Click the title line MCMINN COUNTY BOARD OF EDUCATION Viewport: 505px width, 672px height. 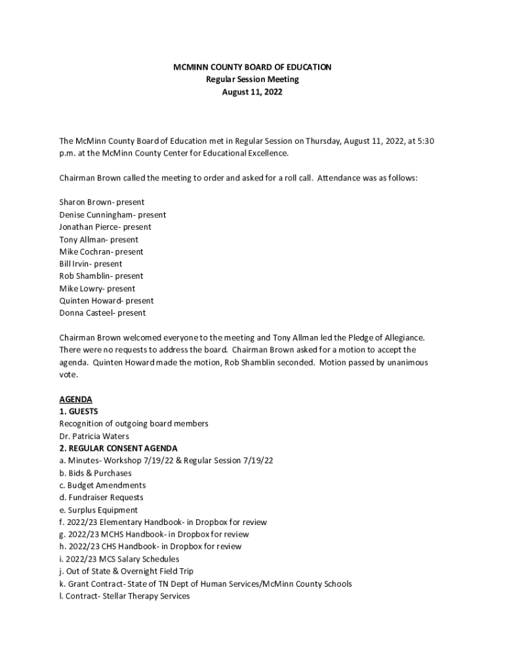tap(252, 67)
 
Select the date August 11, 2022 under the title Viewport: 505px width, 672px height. tap(252, 92)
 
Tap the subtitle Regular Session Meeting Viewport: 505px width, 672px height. tap(252, 79)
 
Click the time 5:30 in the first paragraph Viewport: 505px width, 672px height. tap(424, 141)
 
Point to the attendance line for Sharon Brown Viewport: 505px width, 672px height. tap(102, 202)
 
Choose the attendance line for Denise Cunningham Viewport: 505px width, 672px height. tap(112, 215)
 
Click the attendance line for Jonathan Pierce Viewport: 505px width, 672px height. tap(105, 227)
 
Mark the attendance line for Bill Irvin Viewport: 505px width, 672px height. tap(91, 264)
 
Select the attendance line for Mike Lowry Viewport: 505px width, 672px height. tap(97, 289)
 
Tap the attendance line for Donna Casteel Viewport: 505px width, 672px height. tap(102, 313)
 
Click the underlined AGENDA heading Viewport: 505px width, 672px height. tap(75, 399)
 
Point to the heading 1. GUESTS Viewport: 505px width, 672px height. tap(79, 411)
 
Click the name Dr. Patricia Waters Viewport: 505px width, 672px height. tap(94, 436)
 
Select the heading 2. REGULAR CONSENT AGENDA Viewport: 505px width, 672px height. tap(118, 448)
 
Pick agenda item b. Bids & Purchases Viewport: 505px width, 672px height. tap(95, 473)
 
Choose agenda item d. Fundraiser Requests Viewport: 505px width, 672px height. tap(101, 497)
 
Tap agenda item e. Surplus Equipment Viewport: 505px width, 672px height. tap(98, 510)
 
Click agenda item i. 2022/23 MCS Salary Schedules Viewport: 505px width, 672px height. tap(119, 559)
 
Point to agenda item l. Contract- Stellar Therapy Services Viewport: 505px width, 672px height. tap(124, 596)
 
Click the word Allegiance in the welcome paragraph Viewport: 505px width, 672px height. tap(401, 338)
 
